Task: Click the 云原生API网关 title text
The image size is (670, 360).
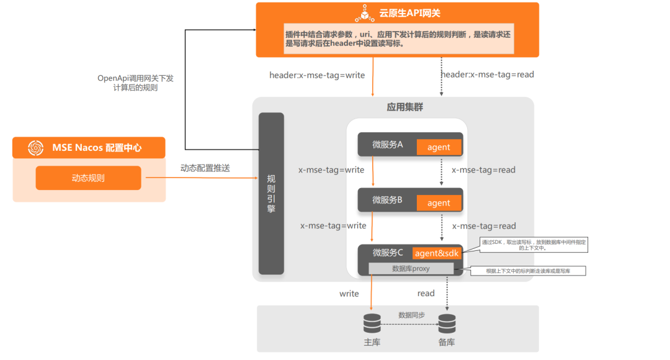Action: pyautogui.click(x=409, y=13)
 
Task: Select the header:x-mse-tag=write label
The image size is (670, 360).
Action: pyautogui.click(x=317, y=75)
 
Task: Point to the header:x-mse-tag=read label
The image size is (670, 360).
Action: pyautogui.click(x=487, y=74)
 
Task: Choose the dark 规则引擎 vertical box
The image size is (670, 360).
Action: pyautogui.click(x=271, y=193)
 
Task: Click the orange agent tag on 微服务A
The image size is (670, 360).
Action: pyautogui.click(x=439, y=147)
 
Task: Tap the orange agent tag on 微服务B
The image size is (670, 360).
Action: pyautogui.click(x=439, y=203)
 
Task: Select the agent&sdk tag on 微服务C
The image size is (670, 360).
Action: pyautogui.click(x=437, y=253)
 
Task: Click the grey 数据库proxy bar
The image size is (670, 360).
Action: pyautogui.click(x=411, y=269)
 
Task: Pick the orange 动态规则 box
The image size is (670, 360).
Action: pyautogui.click(x=88, y=178)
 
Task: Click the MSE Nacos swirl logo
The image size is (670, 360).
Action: pyautogui.click(x=35, y=148)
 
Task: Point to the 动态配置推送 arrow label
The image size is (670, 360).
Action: pyautogui.click(x=205, y=168)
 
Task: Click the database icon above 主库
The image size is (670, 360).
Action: pyautogui.click(x=372, y=323)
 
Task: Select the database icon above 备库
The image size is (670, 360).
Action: pyautogui.click(x=447, y=323)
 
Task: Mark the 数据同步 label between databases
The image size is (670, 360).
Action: pyautogui.click(x=411, y=315)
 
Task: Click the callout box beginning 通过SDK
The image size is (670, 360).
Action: pyautogui.click(x=534, y=245)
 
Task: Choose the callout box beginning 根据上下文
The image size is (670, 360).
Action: pyautogui.click(x=527, y=271)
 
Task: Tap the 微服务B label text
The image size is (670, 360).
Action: pyautogui.click(x=388, y=200)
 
